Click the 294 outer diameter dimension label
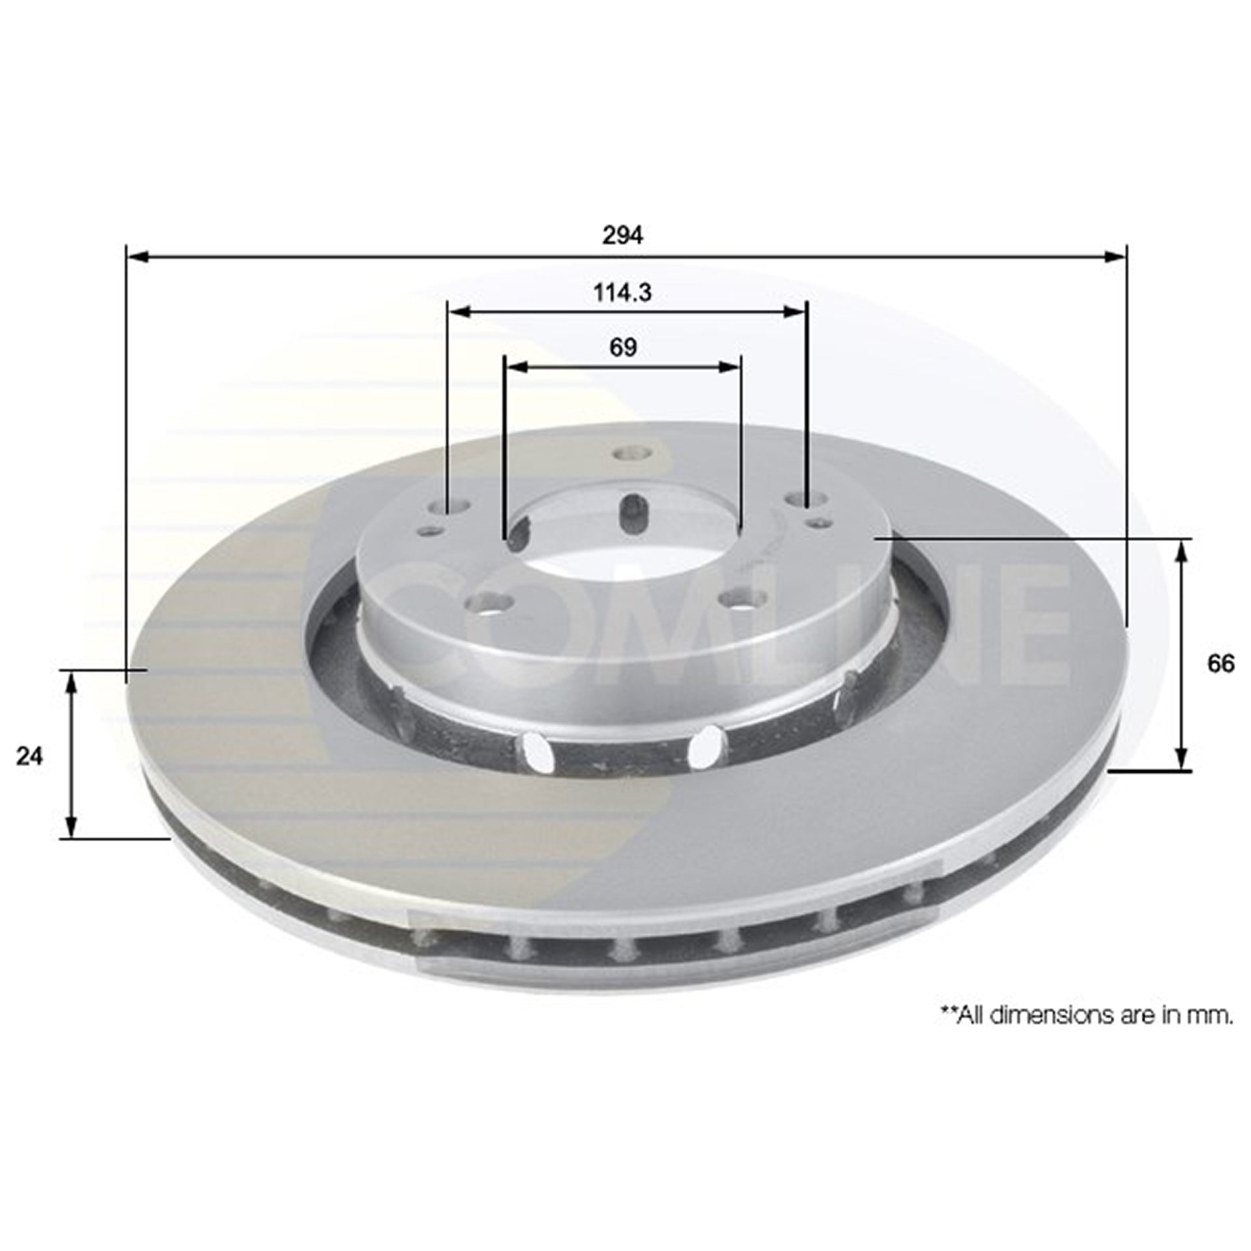click(x=622, y=235)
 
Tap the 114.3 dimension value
click(x=622, y=293)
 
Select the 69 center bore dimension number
click(x=623, y=347)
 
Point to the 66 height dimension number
click(x=1220, y=664)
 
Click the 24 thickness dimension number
click(x=30, y=756)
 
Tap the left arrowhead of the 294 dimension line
click(x=138, y=257)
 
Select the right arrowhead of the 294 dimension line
click(x=1114, y=257)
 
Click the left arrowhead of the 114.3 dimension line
click(x=461, y=312)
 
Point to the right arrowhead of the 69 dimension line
click(x=729, y=367)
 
